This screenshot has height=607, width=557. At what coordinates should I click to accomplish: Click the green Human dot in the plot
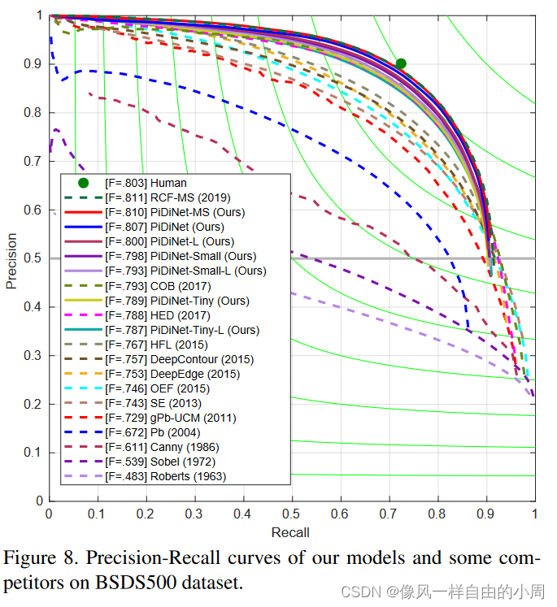pyautogui.click(x=401, y=63)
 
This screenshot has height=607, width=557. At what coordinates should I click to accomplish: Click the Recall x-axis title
pyautogui.click(x=290, y=532)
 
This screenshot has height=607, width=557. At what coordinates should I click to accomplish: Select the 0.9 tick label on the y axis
pyautogui.click(x=33, y=64)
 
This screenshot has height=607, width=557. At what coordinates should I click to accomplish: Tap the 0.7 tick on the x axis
pyautogui.click(x=389, y=514)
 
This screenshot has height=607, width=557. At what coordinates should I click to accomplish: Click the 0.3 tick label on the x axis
pyautogui.click(x=194, y=514)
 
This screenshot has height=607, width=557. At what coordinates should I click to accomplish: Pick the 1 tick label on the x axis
pyautogui.click(x=533, y=514)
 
